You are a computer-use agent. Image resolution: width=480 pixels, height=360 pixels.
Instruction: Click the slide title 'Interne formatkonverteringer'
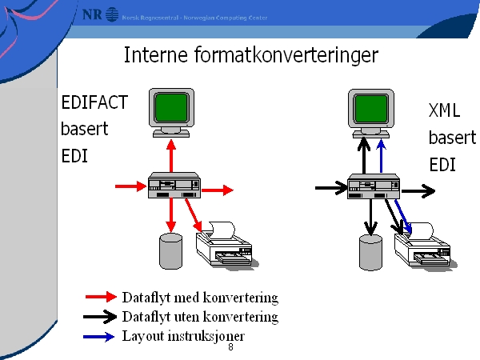click(250, 55)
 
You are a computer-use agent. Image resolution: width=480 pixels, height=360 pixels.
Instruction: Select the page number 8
click(230, 347)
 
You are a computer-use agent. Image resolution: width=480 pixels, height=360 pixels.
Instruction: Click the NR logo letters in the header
click(93, 14)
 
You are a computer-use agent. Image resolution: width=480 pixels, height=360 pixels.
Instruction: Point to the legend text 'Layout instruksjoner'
click(183, 336)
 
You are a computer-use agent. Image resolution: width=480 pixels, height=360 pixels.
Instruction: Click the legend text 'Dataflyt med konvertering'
click(200, 298)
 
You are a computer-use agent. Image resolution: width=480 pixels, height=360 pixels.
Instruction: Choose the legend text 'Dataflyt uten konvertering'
click(200, 317)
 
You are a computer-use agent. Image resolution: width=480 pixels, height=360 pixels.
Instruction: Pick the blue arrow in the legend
click(101, 337)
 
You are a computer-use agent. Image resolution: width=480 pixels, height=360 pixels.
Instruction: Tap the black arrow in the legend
click(101, 317)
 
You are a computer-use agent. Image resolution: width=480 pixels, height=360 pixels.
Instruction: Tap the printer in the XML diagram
click(426, 248)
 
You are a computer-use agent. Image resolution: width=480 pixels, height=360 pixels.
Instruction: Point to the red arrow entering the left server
click(130, 188)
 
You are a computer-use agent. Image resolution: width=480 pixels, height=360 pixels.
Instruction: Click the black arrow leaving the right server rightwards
click(418, 191)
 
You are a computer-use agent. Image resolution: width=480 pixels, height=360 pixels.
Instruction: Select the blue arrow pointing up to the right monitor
click(382, 157)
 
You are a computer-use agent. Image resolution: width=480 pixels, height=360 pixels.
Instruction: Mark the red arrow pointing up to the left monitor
click(170, 155)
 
